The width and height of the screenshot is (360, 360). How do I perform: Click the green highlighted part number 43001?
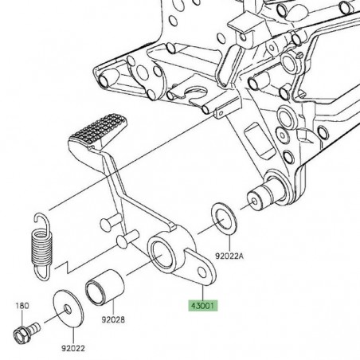click(x=200, y=305)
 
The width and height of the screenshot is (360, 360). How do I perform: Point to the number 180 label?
click(x=22, y=305)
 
